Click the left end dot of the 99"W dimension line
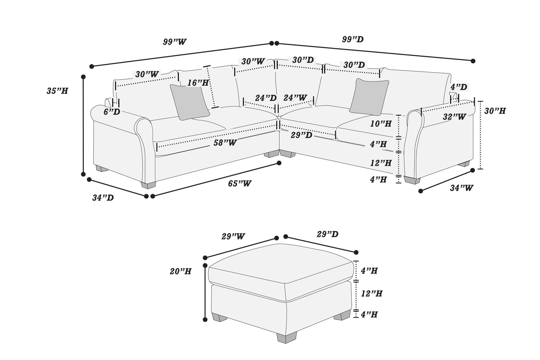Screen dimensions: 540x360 [91, 66]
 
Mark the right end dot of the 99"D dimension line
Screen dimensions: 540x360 [473, 61]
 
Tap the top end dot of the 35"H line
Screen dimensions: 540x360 [84, 77]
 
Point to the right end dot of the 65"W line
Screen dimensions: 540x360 [279, 163]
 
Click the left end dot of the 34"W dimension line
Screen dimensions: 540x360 [421, 191]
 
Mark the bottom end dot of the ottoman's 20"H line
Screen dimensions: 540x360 [205, 320]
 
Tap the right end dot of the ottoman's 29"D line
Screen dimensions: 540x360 [356, 252]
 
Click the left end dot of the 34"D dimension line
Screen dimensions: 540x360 [89, 179]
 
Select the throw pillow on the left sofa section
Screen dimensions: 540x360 [189, 102]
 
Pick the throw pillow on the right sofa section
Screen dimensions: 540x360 [369, 97]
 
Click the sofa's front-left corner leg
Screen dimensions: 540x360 [148, 185]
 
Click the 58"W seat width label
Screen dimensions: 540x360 [225, 143]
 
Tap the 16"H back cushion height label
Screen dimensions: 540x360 [198, 83]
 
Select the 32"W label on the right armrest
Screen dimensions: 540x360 [454, 117]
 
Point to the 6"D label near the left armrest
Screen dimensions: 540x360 [112, 112]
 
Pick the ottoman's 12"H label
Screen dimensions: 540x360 [372, 294]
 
